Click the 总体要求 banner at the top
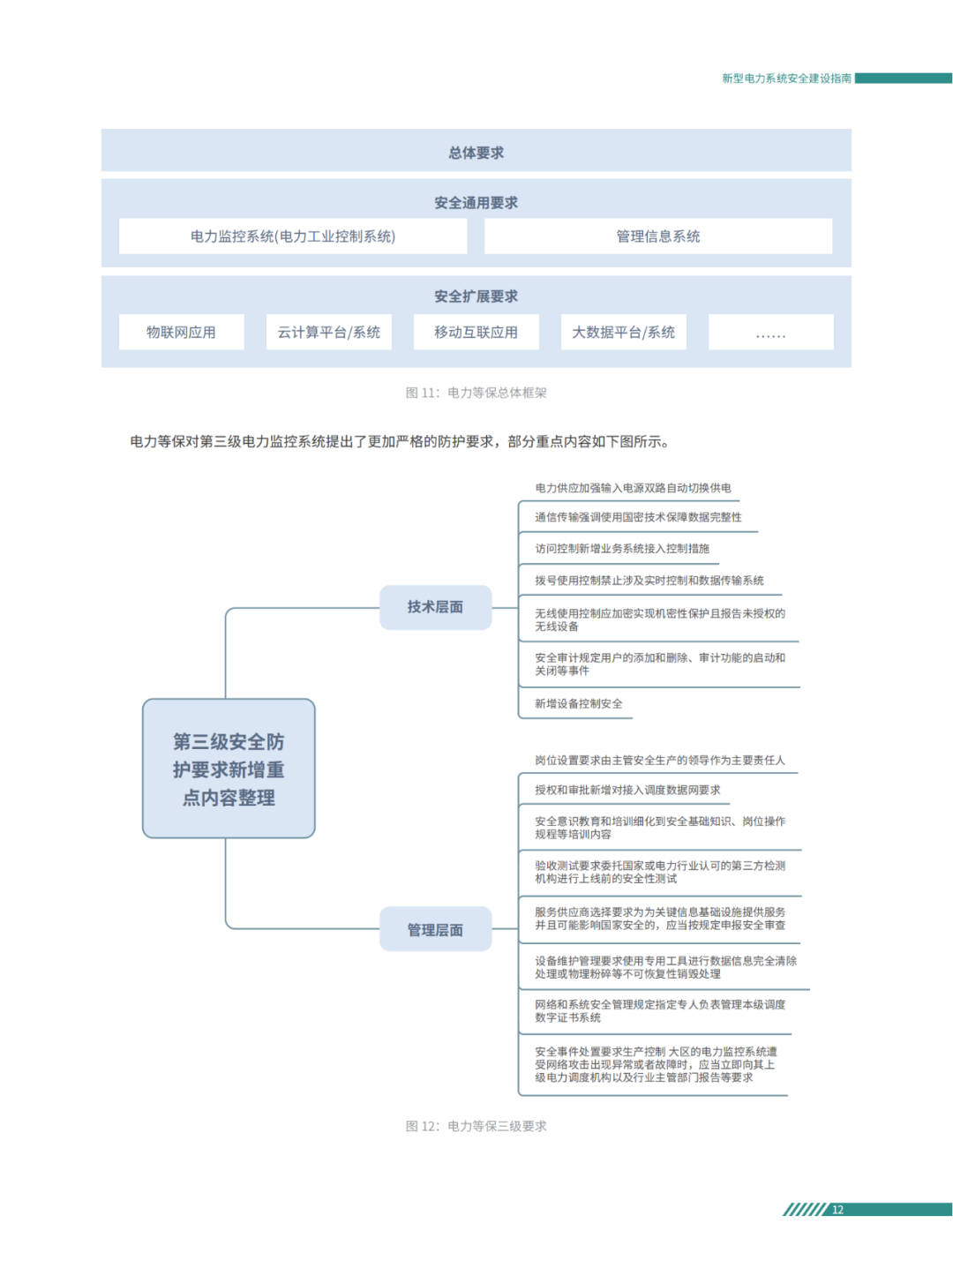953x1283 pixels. [x=476, y=152]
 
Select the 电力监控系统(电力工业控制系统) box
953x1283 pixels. [x=293, y=236]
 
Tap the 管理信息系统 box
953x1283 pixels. [x=657, y=236]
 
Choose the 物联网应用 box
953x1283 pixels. [x=181, y=333]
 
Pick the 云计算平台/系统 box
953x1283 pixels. [x=328, y=333]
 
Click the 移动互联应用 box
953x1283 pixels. [x=476, y=333]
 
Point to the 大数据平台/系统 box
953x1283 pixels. [x=623, y=333]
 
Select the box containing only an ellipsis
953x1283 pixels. [x=770, y=333]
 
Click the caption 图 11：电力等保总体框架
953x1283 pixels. [x=476, y=393]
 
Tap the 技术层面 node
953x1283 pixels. [x=435, y=607]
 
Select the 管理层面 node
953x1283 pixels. [x=435, y=929]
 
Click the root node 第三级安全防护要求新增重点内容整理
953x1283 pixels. [x=229, y=769]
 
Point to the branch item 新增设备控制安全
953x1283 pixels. [x=578, y=704]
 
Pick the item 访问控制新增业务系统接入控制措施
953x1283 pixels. [x=621, y=549]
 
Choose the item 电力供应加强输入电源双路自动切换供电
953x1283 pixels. [x=632, y=488]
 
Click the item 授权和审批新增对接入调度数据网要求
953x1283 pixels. [x=627, y=791]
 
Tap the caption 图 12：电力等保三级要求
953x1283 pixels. [x=476, y=1126]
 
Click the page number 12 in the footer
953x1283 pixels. [x=837, y=1210]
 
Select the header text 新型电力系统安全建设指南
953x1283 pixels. [x=786, y=79]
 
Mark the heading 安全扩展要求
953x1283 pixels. [x=476, y=296]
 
